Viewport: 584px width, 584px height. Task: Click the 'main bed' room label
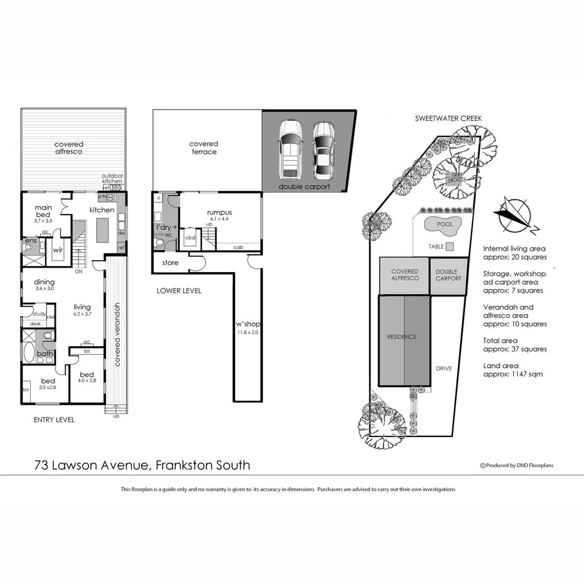[43, 211]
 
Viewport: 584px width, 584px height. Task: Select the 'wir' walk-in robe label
[57, 250]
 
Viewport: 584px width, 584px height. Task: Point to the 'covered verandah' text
[117, 335]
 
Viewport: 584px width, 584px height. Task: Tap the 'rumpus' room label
[219, 213]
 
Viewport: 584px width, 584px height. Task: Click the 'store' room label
[170, 263]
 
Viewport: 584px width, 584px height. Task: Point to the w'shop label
[248, 324]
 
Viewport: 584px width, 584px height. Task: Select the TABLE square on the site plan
[450, 247]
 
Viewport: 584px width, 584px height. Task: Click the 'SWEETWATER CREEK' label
[448, 118]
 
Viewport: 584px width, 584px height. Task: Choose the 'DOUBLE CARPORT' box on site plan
[448, 275]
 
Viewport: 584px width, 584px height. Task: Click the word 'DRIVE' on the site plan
[443, 369]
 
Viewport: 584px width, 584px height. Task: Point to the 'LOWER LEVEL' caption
[178, 291]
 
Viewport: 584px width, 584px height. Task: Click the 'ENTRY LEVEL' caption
[54, 420]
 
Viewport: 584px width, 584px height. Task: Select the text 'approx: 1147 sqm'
[513, 374]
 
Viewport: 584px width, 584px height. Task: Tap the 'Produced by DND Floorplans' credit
[517, 465]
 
